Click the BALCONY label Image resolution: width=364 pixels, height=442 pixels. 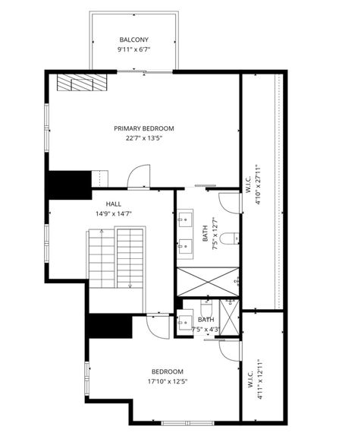(133, 39)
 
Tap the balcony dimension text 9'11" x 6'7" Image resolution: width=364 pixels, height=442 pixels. (133, 49)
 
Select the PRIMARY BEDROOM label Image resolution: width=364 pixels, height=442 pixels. (144, 128)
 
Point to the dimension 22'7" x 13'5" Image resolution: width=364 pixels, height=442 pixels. (144, 138)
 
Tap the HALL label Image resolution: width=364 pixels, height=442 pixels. (114, 204)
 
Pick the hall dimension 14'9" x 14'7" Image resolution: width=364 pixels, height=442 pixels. (114, 213)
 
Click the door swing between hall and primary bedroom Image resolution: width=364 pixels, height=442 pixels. (137, 178)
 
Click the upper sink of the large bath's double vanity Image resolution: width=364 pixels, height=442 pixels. (185, 222)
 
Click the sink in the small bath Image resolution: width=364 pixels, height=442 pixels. (185, 322)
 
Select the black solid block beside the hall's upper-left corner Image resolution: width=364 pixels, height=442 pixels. (67, 184)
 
